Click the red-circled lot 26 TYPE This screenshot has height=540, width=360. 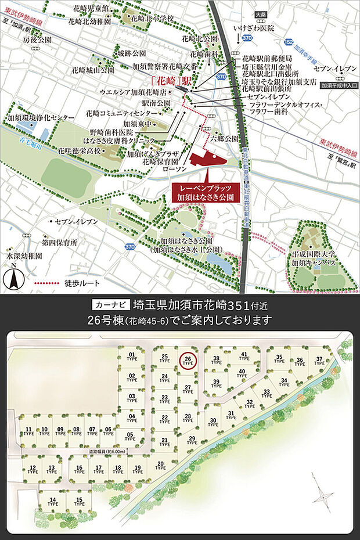click(x=188, y=361)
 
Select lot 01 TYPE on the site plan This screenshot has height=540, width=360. click(x=132, y=356)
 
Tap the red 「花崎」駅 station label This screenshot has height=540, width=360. click(x=170, y=81)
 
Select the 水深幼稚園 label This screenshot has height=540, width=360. click(x=24, y=255)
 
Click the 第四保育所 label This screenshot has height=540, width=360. click(x=60, y=241)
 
